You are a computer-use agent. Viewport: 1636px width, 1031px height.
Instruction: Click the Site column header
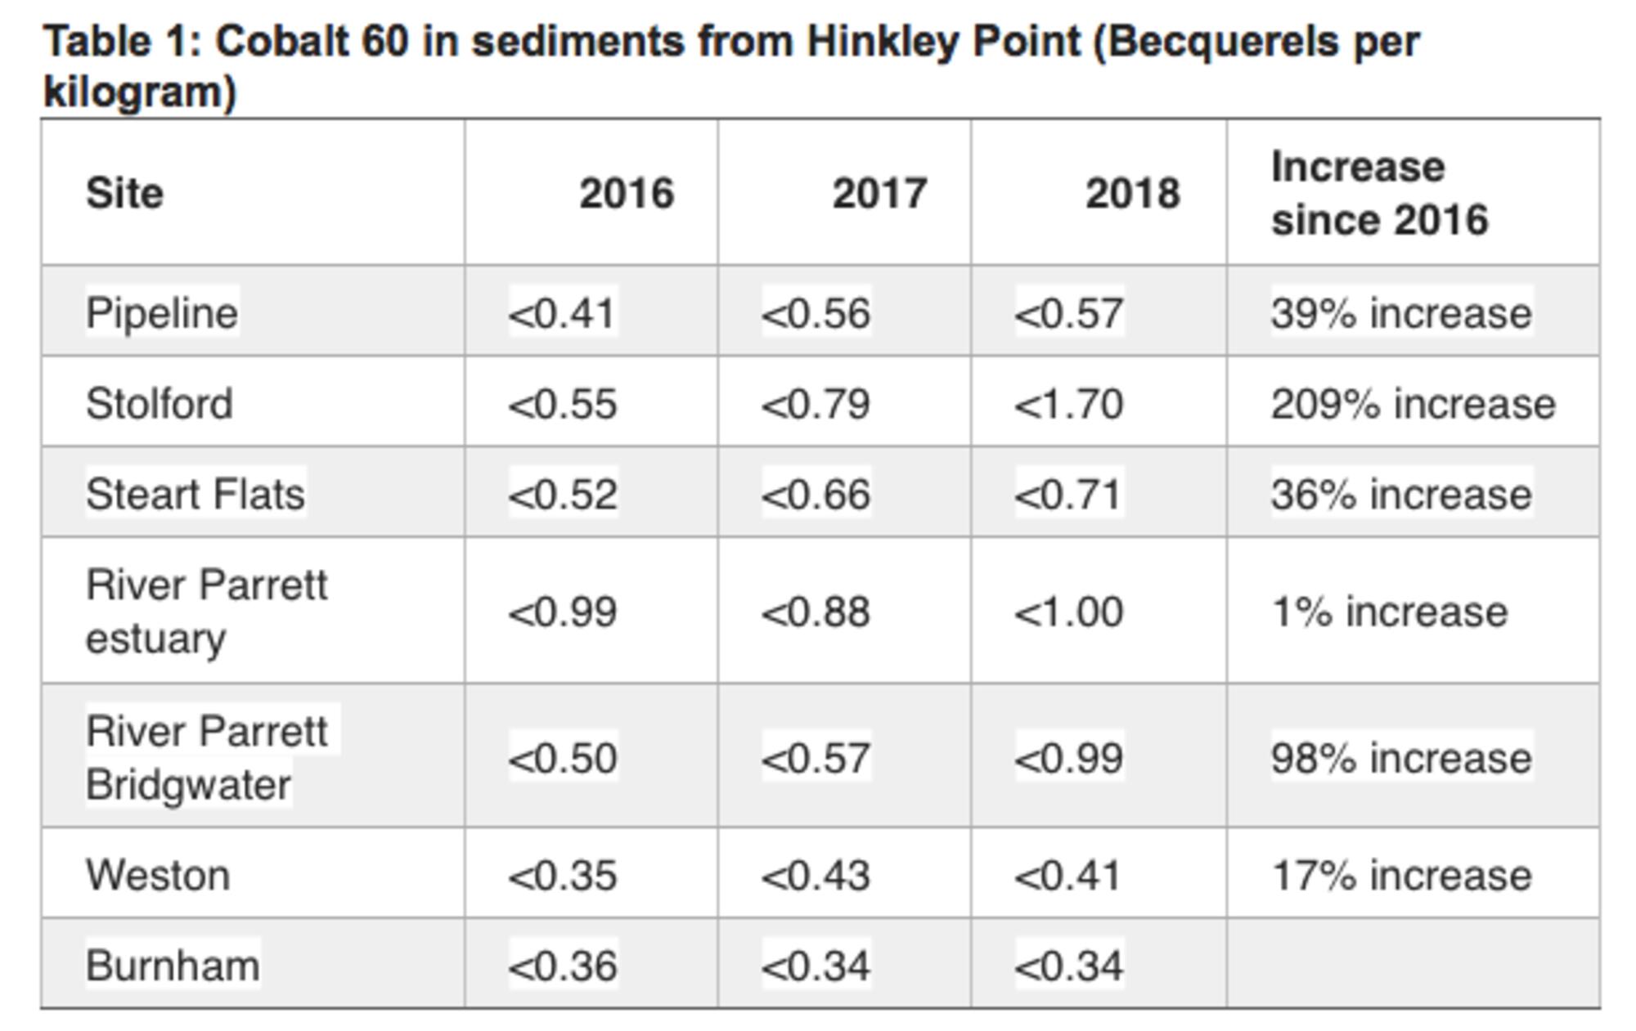click(x=124, y=194)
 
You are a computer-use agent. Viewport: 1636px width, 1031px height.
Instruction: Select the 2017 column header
click(x=879, y=194)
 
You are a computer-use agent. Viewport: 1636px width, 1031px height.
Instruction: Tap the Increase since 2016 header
click(x=1379, y=194)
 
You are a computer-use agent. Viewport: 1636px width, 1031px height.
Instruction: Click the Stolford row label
click(x=160, y=403)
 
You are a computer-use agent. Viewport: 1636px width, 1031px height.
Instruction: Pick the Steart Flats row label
click(x=195, y=494)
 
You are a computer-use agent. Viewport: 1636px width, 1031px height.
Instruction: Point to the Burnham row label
click(x=173, y=965)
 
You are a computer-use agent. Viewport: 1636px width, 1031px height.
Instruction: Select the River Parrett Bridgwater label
click(x=206, y=757)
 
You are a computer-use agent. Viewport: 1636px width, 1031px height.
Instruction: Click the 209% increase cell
click(x=1413, y=403)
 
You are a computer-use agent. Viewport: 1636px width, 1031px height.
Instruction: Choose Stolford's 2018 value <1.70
click(x=1068, y=403)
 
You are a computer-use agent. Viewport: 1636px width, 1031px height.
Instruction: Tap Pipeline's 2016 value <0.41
click(x=562, y=312)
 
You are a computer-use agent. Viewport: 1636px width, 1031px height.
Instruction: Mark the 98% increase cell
click(x=1400, y=757)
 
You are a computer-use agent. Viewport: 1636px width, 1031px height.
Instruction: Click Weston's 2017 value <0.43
click(x=816, y=875)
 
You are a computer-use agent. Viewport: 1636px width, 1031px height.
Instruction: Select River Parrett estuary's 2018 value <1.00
click(x=1068, y=612)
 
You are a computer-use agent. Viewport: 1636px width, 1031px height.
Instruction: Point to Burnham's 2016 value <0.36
click(x=562, y=965)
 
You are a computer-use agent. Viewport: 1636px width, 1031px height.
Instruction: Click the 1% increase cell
click(x=1389, y=612)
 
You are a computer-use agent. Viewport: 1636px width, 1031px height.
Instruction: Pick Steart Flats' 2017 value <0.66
click(x=816, y=494)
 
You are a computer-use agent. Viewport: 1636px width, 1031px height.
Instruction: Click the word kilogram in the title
click(x=139, y=92)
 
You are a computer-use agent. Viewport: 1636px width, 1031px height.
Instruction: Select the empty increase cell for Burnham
click(x=1413, y=963)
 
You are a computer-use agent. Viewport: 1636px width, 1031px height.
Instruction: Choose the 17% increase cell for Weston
click(x=1400, y=875)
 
